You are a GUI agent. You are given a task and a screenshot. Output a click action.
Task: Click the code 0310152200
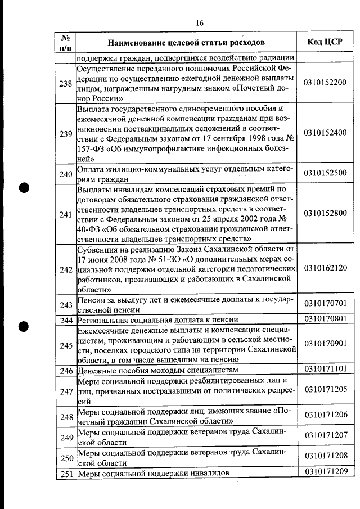click(x=325, y=83)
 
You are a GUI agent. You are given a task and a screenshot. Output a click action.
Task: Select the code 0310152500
click(x=325, y=173)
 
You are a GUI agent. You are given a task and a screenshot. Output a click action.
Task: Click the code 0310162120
click(x=325, y=268)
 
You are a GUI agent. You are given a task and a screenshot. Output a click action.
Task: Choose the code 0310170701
click(x=325, y=304)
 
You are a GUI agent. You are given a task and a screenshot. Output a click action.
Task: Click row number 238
click(x=65, y=84)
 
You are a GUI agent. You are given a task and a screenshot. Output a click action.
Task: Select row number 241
click(x=65, y=214)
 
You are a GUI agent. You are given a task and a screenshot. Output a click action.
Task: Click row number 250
click(x=65, y=458)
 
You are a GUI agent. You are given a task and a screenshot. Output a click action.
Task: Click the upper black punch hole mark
click(x=25, y=187)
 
